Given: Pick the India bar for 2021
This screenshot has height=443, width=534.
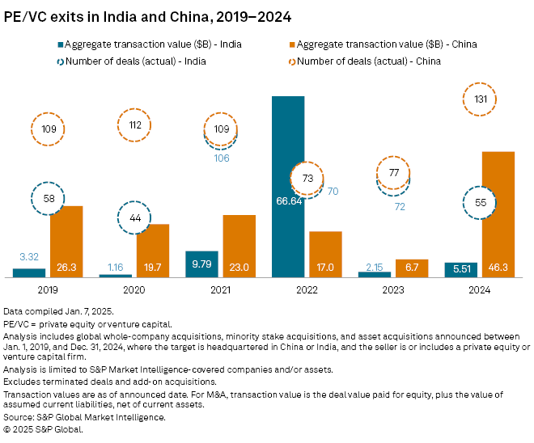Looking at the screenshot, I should [201, 264].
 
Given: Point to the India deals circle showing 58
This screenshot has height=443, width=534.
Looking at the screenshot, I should [48, 198].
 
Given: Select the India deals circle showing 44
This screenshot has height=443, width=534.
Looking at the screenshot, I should [133, 217].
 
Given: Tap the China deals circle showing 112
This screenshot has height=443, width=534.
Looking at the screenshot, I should [134, 124].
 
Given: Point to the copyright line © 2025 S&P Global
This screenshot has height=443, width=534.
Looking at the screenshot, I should [44, 428].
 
